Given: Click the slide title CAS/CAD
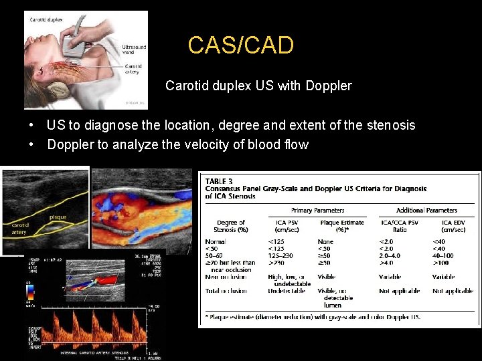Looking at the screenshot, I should coord(240,45).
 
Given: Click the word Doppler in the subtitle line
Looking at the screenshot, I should coord(328,86).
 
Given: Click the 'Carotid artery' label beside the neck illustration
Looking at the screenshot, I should coord(133,69).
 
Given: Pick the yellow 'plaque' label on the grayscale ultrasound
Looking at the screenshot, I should coord(58,217).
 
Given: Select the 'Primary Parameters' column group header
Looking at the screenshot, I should coord(318,210).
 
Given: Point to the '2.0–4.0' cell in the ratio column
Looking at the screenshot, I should coord(392,255).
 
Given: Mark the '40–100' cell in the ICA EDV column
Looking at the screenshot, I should coord(443,255).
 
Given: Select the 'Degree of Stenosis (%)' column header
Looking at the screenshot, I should coord(232,227).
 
